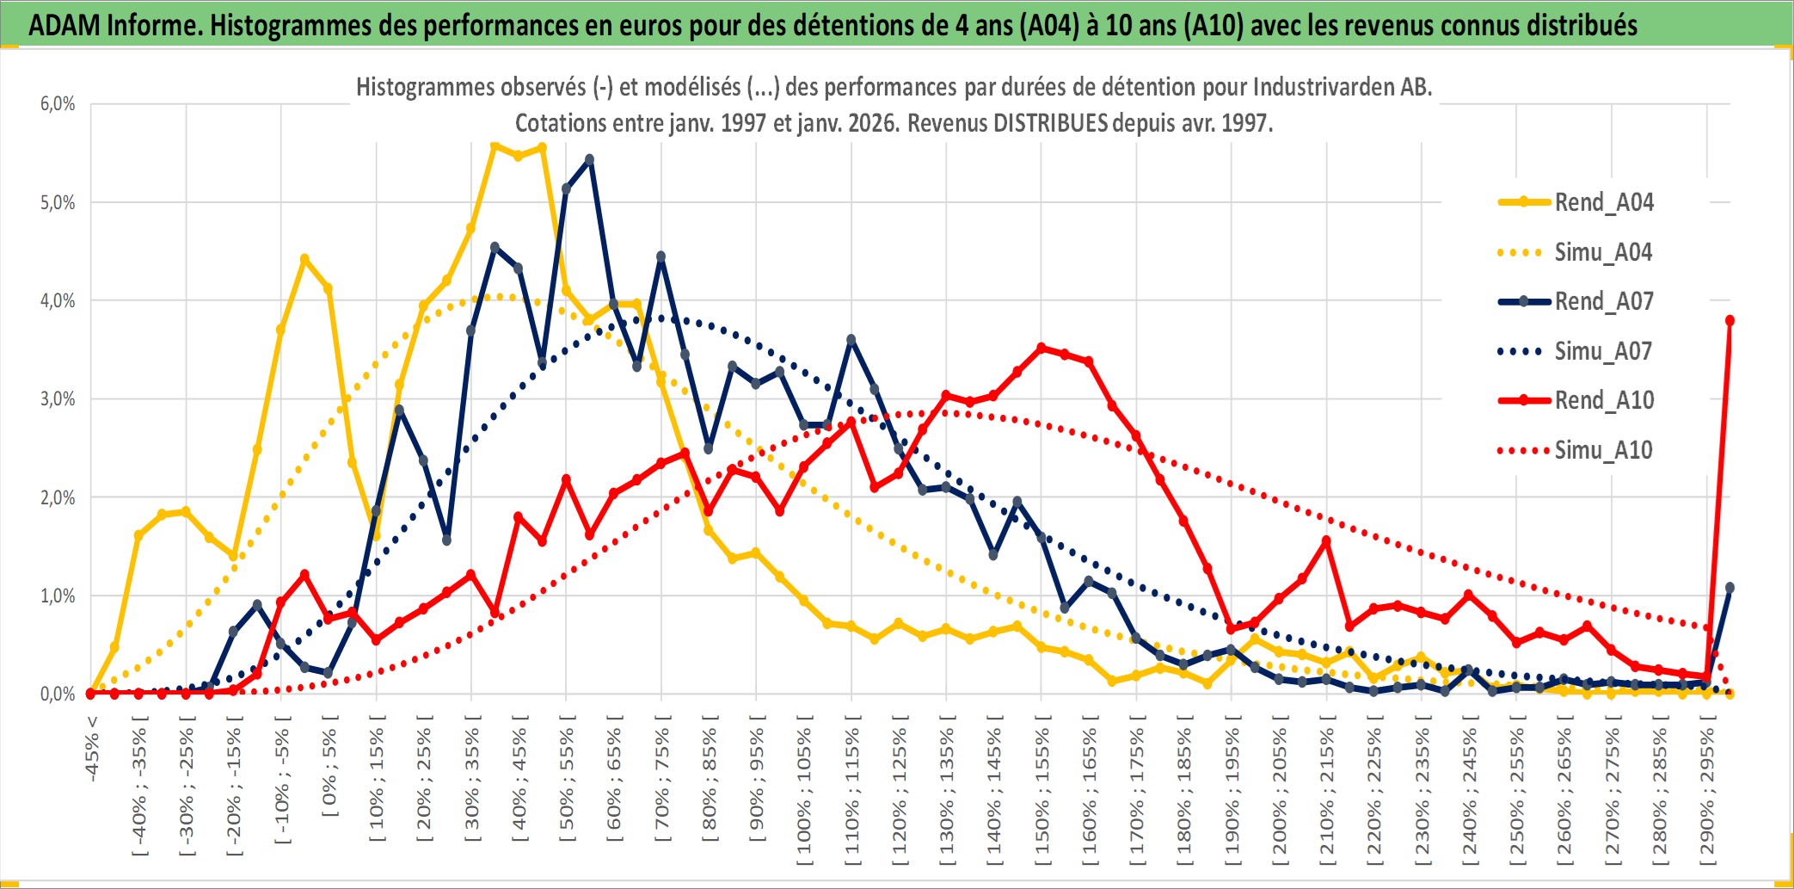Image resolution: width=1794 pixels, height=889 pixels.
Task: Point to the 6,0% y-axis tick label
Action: click(x=58, y=104)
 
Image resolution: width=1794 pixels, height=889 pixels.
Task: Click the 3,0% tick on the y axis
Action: click(x=58, y=399)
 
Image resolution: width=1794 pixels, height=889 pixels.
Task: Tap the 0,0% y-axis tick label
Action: click(x=58, y=694)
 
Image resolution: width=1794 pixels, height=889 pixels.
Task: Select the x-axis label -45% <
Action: click(x=92, y=749)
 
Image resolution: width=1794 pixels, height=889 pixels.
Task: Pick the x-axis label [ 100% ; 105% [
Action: click(x=804, y=792)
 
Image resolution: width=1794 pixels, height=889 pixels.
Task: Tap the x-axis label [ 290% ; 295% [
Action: click(x=1707, y=792)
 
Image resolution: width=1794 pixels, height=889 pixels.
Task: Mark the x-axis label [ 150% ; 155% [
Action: click(x=1041, y=792)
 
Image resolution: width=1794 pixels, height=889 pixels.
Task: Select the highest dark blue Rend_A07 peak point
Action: click(x=589, y=159)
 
